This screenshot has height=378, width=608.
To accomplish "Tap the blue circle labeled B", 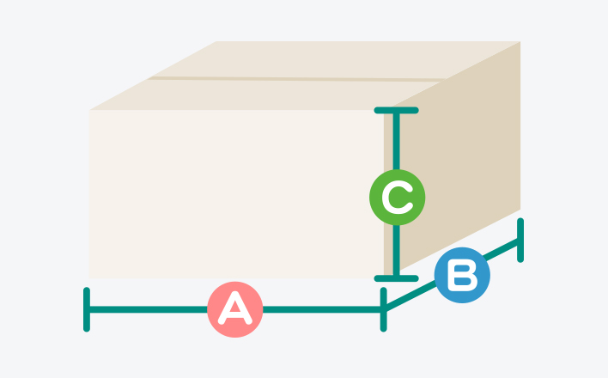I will pyautogui.click(x=462, y=277).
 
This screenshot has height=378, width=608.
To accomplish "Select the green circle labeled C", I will pyautogui.click(x=397, y=198).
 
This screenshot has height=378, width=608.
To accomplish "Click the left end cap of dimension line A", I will pyautogui.click(x=87, y=309).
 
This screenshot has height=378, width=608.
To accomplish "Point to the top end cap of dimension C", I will pyautogui.click(x=396, y=111).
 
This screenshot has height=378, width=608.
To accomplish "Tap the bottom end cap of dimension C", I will pyautogui.click(x=396, y=277).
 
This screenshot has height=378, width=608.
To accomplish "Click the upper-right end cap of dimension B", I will pyautogui.click(x=520, y=241).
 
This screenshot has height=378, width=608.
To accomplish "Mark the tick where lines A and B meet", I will pyautogui.click(x=383, y=309).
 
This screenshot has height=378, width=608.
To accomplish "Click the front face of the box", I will pyautogui.click(x=232, y=193).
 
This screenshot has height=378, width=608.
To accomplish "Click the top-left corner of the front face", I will pyautogui.click(x=90, y=111).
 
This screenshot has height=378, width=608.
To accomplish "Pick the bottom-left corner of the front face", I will pyautogui.click(x=90, y=277).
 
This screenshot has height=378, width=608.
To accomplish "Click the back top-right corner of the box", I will pyautogui.click(x=520, y=42).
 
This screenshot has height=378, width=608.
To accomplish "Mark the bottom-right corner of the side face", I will pyautogui.click(x=520, y=209).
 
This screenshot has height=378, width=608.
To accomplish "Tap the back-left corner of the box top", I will pyautogui.click(x=217, y=42).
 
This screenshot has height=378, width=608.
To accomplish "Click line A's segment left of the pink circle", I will pyautogui.click(x=146, y=308).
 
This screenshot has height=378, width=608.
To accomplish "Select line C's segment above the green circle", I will pyautogui.click(x=396, y=142).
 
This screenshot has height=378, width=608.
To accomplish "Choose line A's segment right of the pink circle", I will pyautogui.click(x=322, y=308).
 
